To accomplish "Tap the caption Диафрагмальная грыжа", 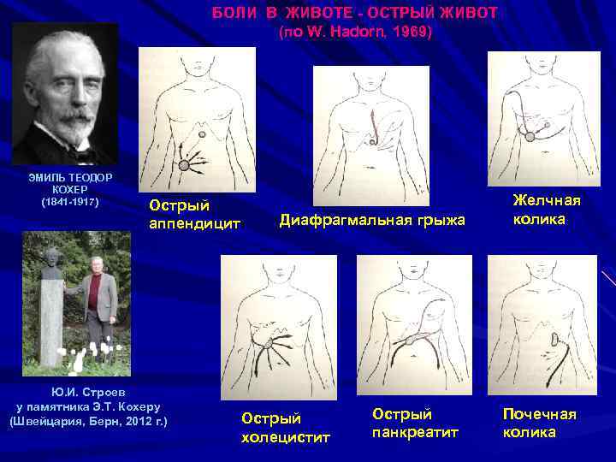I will coord(372,221).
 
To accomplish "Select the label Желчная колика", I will coord(547,210).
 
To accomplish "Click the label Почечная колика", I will coord(540,423).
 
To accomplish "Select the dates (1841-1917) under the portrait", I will coord(70,203).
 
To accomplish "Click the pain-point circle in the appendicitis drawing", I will coord(184,164).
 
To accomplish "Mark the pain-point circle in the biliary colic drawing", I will coord(530,136).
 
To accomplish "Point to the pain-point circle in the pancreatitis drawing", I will coord(411,340).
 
